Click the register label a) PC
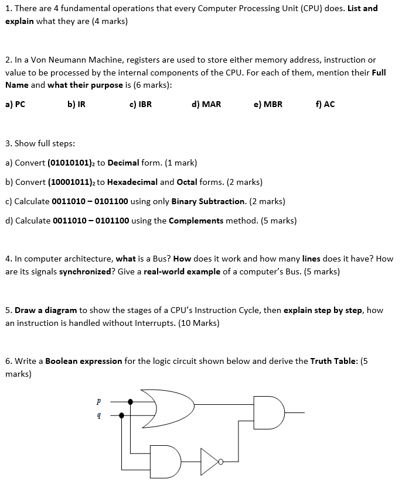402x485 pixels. coord(15,104)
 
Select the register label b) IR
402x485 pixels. coord(77,104)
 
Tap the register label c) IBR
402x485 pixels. coord(140,104)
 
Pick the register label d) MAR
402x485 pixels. coord(206,104)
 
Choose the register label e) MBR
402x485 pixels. coord(268,104)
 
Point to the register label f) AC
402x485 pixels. coord(325,104)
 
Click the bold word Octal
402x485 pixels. coord(187,182)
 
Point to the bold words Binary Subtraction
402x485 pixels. coord(208,201)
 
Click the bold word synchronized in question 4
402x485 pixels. coord(86,271)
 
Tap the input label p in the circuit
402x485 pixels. coord(98,402)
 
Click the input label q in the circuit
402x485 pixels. coord(98,415)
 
